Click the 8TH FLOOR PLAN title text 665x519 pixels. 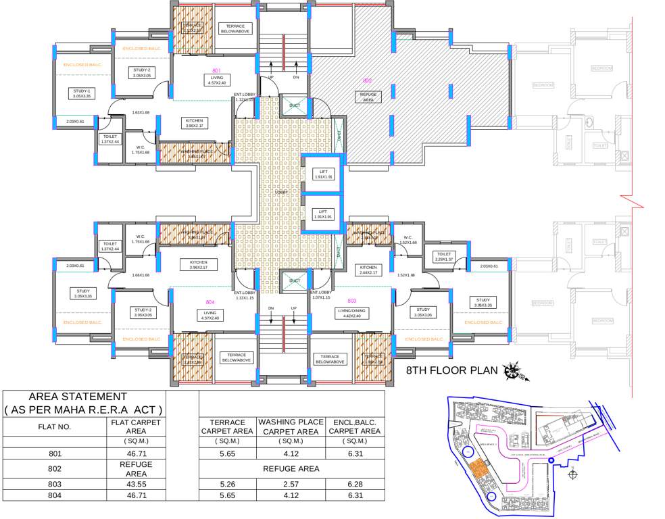tap(451, 370)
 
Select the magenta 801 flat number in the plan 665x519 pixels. tap(216, 70)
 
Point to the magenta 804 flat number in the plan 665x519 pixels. tap(210, 302)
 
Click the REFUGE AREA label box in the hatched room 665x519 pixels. tap(368, 96)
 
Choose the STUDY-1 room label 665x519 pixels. tap(82, 93)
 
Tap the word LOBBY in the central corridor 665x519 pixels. tap(281, 193)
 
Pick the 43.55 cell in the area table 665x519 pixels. tap(137, 485)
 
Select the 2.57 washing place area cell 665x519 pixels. tap(289, 485)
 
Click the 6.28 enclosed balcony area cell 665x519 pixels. tap(355, 485)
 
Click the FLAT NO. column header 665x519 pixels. tap(54, 427)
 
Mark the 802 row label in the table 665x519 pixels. tap(54, 469)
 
